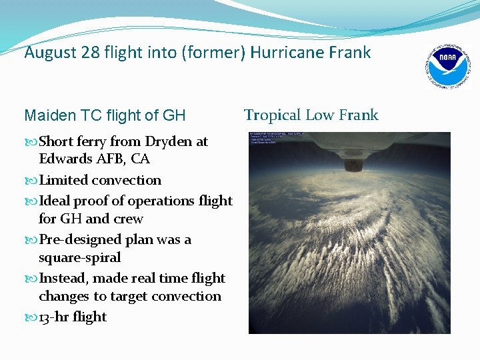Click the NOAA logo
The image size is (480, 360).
[x=448, y=67]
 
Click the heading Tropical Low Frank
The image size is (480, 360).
[x=311, y=115]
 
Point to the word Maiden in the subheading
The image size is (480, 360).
[x=47, y=116]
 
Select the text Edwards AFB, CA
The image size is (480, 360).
[x=94, y=159]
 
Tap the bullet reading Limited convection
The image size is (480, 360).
[x=99, y=180]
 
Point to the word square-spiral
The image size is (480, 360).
[x=79, y=257]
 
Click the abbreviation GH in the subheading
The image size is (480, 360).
[x=174, y=116]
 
